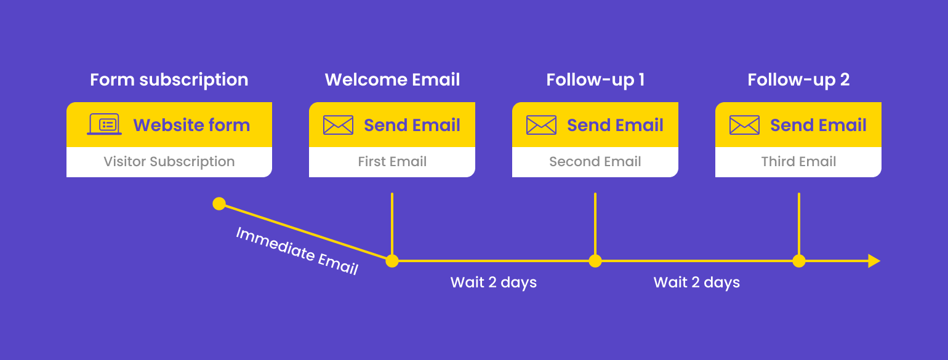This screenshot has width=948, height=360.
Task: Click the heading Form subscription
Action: click(x=169, y=80)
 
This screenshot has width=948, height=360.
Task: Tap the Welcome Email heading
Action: click(x=392, y=80)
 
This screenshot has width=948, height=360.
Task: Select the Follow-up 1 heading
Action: click(x=595, y=80)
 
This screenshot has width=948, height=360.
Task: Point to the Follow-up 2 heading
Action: click(x=798, y=80)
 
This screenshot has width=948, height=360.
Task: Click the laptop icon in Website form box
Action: click(x=104, y=125)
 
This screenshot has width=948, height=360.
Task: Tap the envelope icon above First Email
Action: click(x=338, y=125)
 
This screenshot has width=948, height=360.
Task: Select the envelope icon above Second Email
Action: click(x=541, y=125)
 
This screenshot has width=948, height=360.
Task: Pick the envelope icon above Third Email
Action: click(x=744, y=125)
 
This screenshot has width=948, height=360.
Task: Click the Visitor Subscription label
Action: click(x=169, y=162)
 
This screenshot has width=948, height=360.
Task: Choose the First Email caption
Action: click(x=392, y=162)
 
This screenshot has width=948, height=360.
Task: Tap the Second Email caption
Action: click(x=595, y=162)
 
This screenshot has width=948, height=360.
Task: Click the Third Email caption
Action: click(x=798, y=162)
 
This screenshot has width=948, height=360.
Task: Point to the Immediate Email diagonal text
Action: click(x=297, y=250)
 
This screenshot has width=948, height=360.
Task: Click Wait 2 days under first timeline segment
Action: click(x=494, y=282)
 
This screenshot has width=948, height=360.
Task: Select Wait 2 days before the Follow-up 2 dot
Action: click(x=696, y=282)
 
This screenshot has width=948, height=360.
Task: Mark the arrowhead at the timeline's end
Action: click(x=874, y=261)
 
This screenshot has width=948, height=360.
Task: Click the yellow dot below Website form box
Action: click(x=219, y=204)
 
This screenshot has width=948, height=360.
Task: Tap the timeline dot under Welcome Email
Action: click(x=392, y=261)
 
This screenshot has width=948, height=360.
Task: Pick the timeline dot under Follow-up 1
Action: click(x=595, y=261)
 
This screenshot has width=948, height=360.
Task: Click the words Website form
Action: click(x=191, y=125)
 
